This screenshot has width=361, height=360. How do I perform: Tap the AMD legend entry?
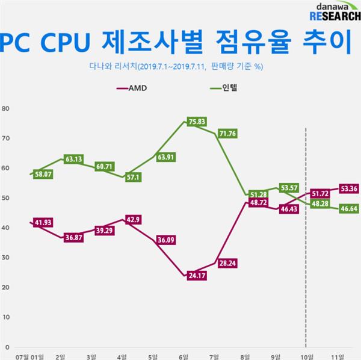click(131, 88)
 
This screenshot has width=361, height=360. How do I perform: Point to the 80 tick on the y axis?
click(5, 109)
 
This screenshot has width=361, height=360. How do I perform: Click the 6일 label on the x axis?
click(183, 355)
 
